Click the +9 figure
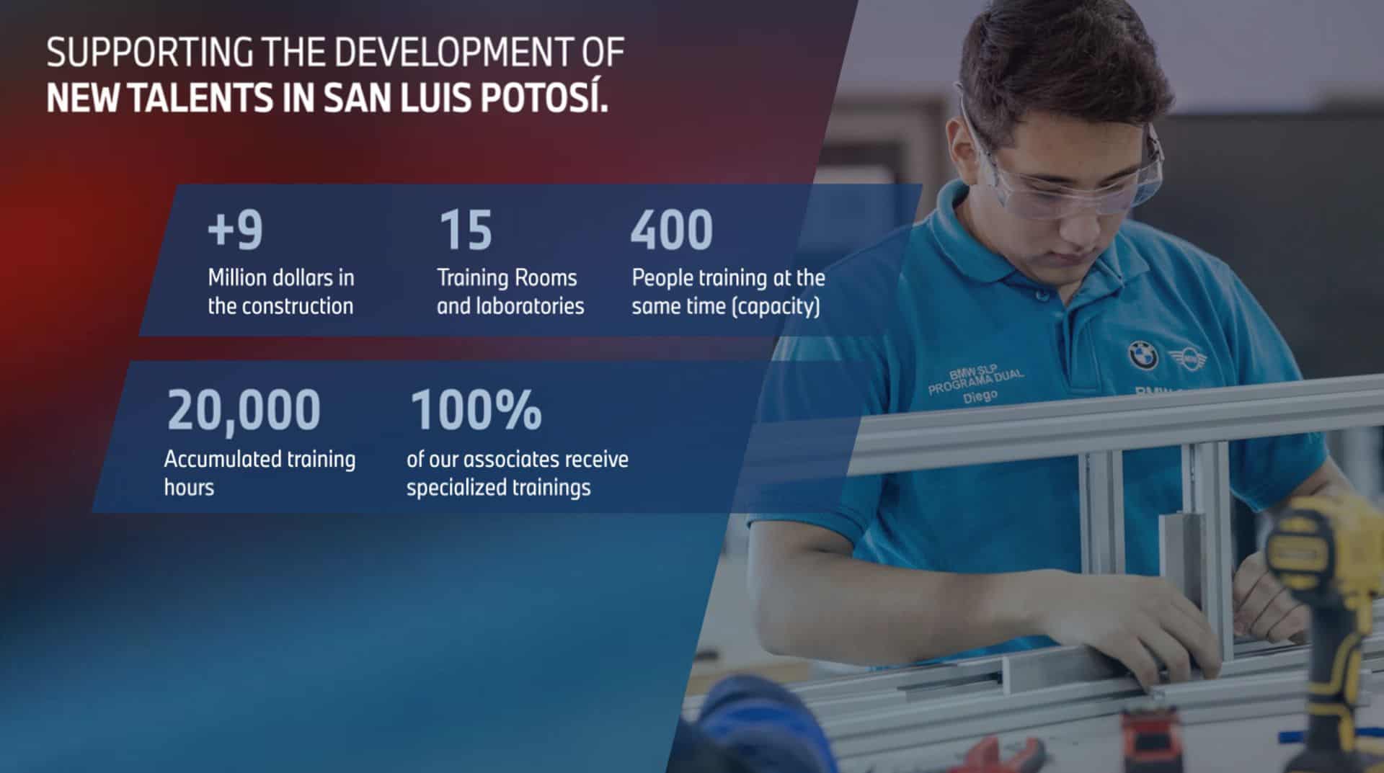pyautogui.click(x=235, y=230)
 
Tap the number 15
pyautogui.click(x=466, y=230)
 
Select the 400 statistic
pyautogui.click(x=672, y=230)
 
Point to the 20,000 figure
pyautogui.click(x=244, y=410)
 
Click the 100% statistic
pyautogui.click(x=476, y=409)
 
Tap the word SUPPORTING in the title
pyautogui.click(x=150, y=53)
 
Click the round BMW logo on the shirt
pyautogui.click(x=1143, y=355)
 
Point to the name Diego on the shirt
pyautogui.click(x=980, y=396)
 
